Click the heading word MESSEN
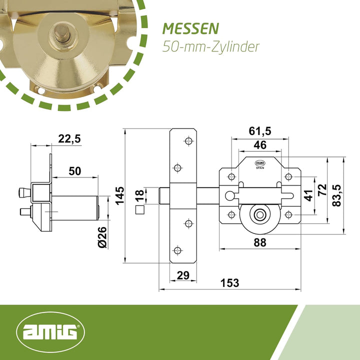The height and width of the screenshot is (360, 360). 190,29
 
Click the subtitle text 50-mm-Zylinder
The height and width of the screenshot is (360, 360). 211,47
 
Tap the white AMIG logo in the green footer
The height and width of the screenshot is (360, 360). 50,331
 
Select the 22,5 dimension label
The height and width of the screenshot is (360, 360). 69,139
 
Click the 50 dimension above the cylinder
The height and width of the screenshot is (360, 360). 75,171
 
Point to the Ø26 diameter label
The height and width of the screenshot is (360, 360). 102,237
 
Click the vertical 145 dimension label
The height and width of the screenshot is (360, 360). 119,195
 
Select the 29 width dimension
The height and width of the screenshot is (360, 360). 183,275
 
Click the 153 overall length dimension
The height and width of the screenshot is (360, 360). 230,283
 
